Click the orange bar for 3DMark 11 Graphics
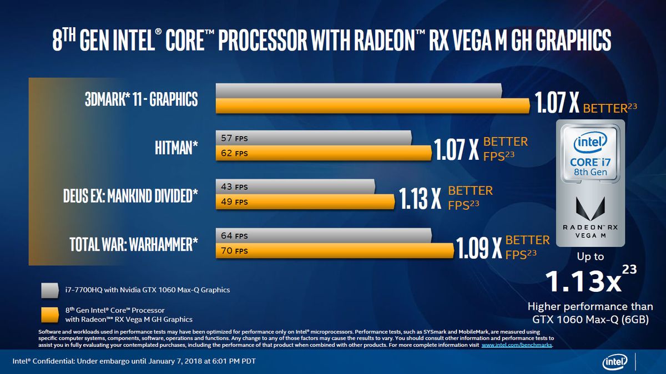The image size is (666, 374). [372, 105]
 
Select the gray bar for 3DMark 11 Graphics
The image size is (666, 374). [359, 90]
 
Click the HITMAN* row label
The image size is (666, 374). [176, 148]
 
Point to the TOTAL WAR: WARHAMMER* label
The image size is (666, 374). [133, 244]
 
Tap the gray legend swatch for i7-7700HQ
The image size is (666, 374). [49, 290]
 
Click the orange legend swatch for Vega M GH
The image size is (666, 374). [49, 314]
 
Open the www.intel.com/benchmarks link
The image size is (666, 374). [517, 345]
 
